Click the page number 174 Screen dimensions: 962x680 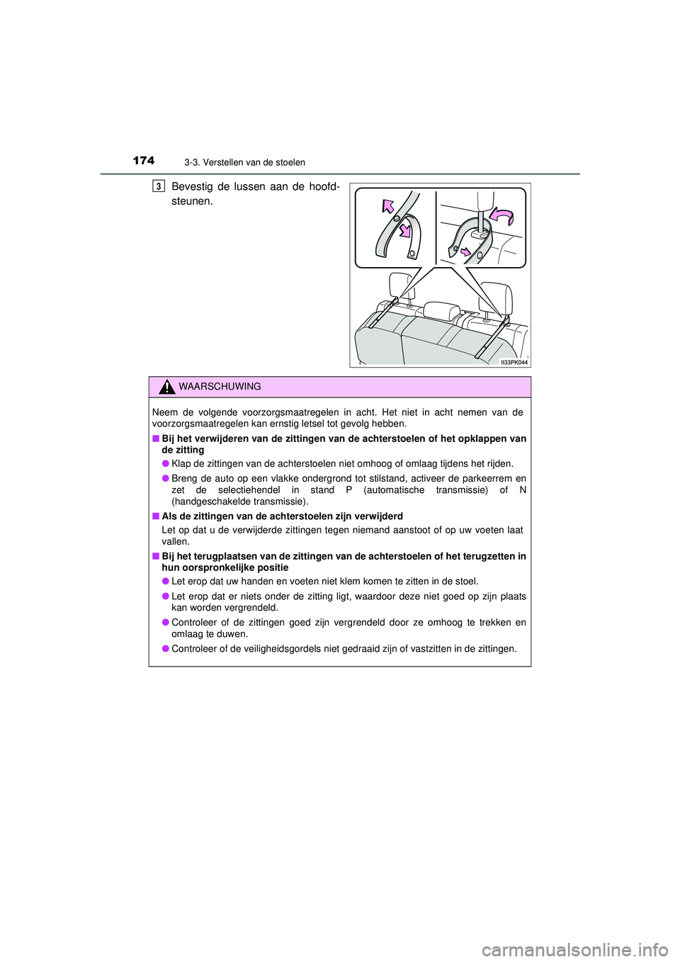point(143,161)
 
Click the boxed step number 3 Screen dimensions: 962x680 point(159,186)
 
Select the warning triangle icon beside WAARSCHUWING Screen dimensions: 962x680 point(166,387)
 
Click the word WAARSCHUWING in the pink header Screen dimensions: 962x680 point(220,387)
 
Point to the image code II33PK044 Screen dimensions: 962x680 point(514,362)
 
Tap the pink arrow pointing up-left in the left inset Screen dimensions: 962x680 point(387,206)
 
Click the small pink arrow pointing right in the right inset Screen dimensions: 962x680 point(465,251)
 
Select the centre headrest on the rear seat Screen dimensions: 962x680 point(441,311)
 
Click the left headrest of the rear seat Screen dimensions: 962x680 point(401,285)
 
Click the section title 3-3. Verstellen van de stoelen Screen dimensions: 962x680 point(244,163)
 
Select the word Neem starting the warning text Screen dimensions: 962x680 point(165,412)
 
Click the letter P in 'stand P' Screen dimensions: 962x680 point(348,490)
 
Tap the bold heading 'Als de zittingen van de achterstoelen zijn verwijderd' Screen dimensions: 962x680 point(282,516)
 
